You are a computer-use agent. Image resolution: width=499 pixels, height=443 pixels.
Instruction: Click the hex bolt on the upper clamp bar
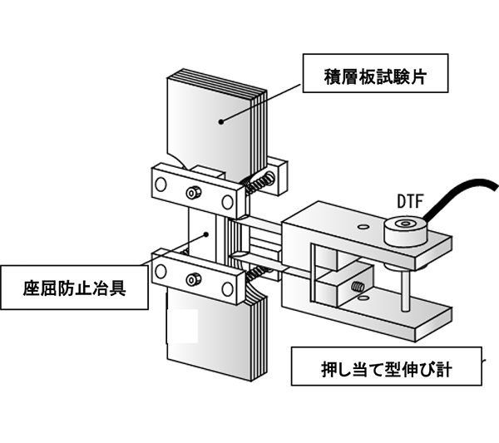[194, 192]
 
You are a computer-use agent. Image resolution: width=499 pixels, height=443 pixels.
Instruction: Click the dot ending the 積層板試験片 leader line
[221, 121]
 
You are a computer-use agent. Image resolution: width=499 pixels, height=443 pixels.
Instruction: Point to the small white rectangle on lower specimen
[182, 325]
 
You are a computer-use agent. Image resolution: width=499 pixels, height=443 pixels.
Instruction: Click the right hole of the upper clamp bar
[226, 202]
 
